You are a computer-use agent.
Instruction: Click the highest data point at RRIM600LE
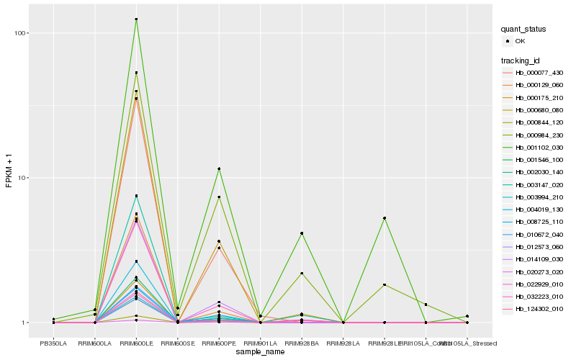pos(136,19)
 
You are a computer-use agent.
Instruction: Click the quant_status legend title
pos(523,29)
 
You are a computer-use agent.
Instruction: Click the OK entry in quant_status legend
pos(520,41)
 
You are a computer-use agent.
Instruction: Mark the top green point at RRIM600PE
pos(219,168)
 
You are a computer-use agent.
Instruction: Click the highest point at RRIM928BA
pos(302,233)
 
